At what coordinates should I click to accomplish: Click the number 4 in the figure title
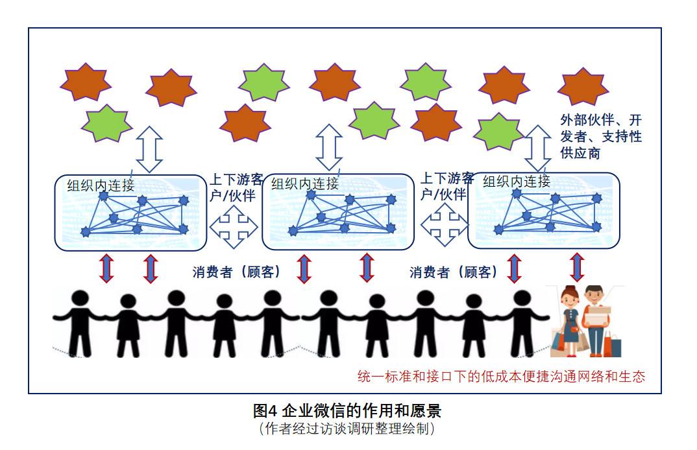273,411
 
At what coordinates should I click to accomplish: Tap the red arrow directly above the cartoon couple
576,267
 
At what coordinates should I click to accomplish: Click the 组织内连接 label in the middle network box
305,184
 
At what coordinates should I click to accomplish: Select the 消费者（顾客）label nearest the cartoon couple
454,272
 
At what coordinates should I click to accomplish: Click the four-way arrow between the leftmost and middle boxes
234,226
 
